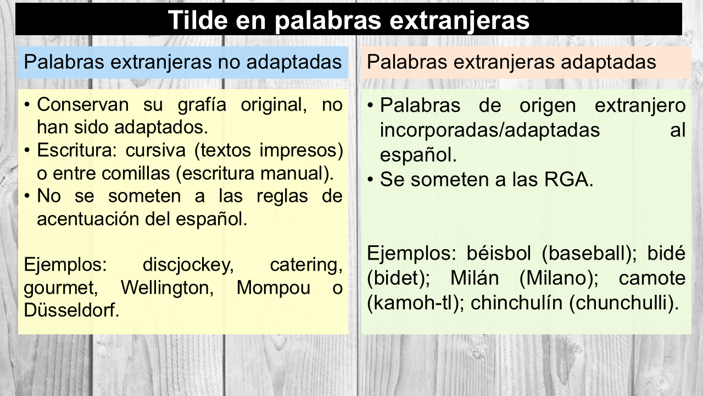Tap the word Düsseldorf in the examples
pyautogui.click(x=71, y=310)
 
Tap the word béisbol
pyautogui.click(x=499, y=253)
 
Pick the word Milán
pyautogui.click(x=475, y=278)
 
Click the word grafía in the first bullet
pyautogui.click(x=202, y=105)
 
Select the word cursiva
pyautogui.click(x=155, y=150)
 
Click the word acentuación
pyautogui.click(x=88, y=219)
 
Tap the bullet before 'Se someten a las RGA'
pyautogui.click(x=371, y=180)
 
